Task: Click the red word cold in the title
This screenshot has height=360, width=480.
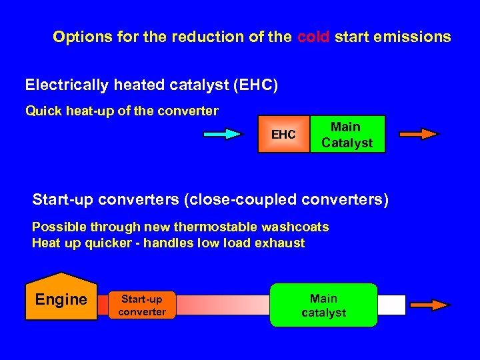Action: pyautogui.click(x=313, y=37)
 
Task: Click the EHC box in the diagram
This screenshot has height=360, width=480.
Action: pyautogui.click(x=284, y=135)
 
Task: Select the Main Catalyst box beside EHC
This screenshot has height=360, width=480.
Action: pyautogui.click(x=347, y=135)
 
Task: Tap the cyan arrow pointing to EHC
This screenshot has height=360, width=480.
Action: pyautogui.click(x=223, y=134)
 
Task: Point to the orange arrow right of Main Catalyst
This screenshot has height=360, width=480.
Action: pyautogui.click(x=419, y=134)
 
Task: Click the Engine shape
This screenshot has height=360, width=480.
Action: pyautogui.click(x=61, y=298)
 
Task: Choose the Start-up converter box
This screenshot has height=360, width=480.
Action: pyautogui.click(x=142, y=305)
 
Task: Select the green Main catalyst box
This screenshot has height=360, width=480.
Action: pyautogui.click(x=323, y=305)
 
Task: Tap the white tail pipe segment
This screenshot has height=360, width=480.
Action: pyautogui.click(x=391, y=305)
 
